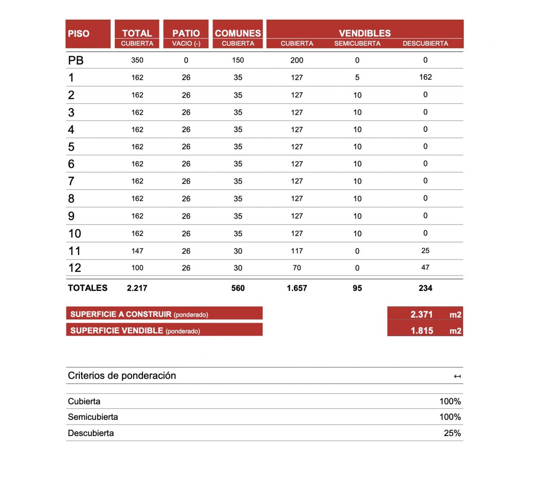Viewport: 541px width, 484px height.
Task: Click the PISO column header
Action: tap(79, 34)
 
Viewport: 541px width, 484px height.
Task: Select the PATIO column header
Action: tap(186, 33)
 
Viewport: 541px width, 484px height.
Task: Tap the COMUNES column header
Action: tap(238, 33)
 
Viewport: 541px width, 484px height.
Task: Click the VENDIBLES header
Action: tap(364, 33)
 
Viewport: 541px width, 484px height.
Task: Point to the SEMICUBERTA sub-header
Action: tap(357, 43)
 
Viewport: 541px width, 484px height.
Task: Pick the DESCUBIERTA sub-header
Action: tap(425, 43)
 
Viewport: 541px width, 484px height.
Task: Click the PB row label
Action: tap(76, 60)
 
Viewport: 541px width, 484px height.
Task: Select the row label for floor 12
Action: tap(74, 268)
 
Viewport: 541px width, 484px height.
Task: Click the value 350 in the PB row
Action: tap(137, 60)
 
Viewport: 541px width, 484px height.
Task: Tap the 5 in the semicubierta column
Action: tap(357, 78)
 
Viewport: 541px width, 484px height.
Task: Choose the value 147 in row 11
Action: tap(137, 251)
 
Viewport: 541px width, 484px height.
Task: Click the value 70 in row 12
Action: tap(297, 268)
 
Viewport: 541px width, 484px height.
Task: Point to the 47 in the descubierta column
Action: tap(425, 268)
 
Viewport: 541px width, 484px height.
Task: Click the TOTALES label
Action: tap(88, 288)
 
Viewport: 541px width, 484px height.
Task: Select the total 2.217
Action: tap(137, 288)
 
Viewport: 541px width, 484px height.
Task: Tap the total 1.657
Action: tap(297, 288)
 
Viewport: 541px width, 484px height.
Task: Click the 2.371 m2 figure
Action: tap(422, 315)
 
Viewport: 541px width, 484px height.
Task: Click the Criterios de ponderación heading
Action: tap(122, 376)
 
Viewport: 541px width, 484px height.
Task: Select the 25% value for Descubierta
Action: tap(452, 433)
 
